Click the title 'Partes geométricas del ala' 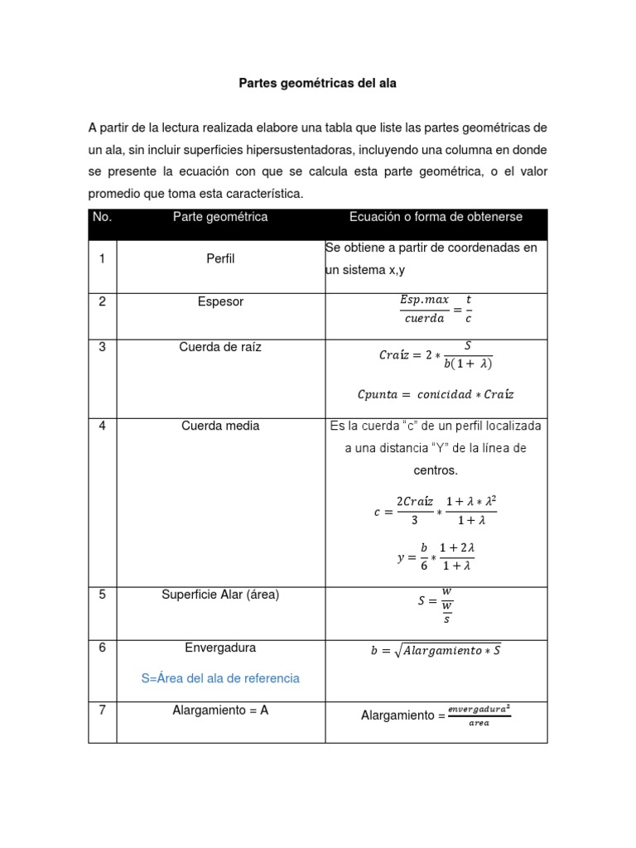(x=317, y=84)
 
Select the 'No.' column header (x=102, y=217)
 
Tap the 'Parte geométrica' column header (x=220, y=217)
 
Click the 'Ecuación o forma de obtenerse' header (x=436, y=217)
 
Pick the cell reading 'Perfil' (x=220, y=258)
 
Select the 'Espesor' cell (x=220, y=301)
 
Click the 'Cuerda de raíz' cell (x=220, y=347)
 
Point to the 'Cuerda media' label (x=220, y=426)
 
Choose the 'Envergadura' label (x=220, y=647)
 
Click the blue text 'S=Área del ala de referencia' (x=220, y=678)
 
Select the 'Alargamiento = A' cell (x=220, y=710)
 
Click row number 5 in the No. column (x=102, y=594)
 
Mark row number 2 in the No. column (x=102, y=301)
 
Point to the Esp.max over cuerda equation (x=436, y=309)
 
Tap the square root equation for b (x=436, y=651)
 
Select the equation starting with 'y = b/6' (x=436, y=556)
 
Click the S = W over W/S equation (x=436, y=605)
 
